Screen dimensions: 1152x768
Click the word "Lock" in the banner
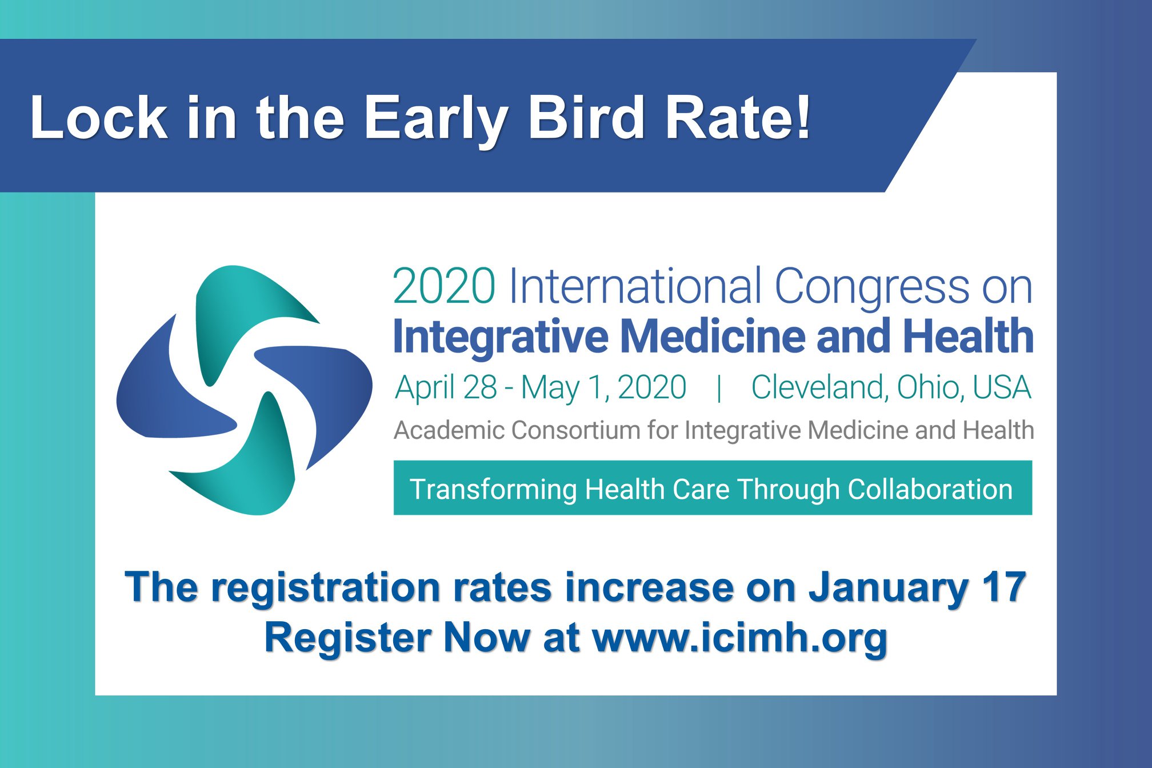pyautogui.click(x=98, y=118)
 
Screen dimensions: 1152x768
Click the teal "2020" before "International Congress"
pyautogui.click(x=444, y=286)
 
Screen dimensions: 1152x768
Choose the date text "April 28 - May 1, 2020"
pyautogui.click(x=541, y=387)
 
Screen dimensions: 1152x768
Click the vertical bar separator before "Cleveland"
pyautogui.click(x=719, y=389)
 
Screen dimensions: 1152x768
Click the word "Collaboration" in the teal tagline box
pyautogui.click(x=930, y=490)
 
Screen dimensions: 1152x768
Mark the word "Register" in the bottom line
pyautogui.click(x=348, y=638)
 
